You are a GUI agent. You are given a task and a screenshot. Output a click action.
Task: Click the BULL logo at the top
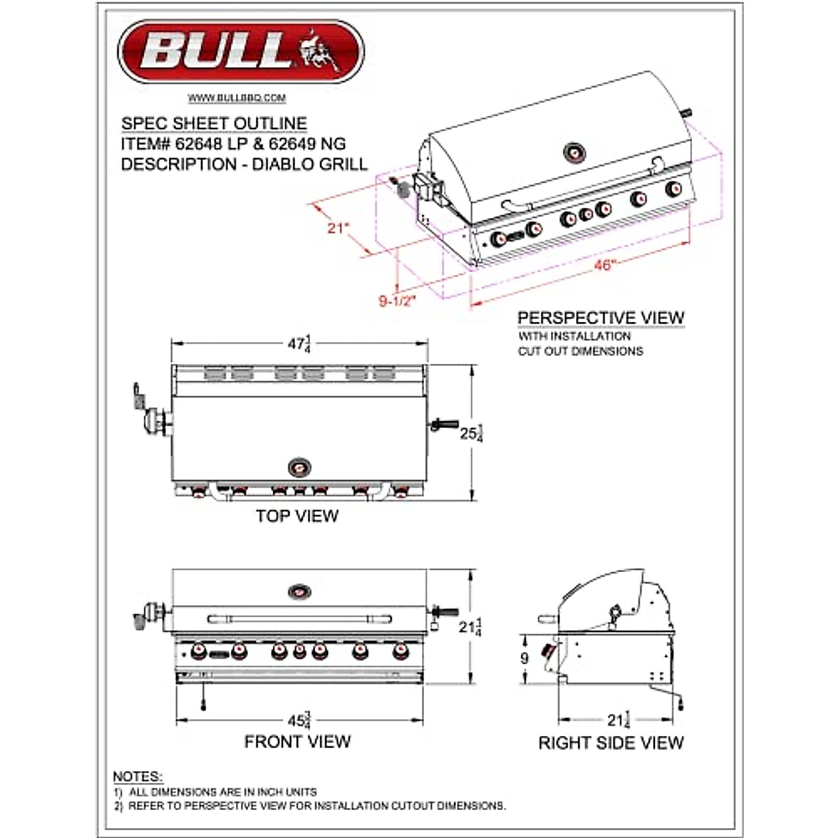point(241,51)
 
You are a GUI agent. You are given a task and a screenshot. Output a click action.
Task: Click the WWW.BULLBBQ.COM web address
point(237,98)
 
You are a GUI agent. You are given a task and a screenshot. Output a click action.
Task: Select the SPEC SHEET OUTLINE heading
point(214,124)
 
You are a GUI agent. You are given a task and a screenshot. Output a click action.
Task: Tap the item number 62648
point(199,144)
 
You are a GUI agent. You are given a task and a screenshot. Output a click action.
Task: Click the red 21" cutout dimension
point(338,228)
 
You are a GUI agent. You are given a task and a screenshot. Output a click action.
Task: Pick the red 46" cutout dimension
point(605,265)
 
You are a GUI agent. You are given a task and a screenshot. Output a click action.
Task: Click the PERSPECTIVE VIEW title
point(601,318)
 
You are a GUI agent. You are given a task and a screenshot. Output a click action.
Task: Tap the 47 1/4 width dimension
point(299,344)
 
